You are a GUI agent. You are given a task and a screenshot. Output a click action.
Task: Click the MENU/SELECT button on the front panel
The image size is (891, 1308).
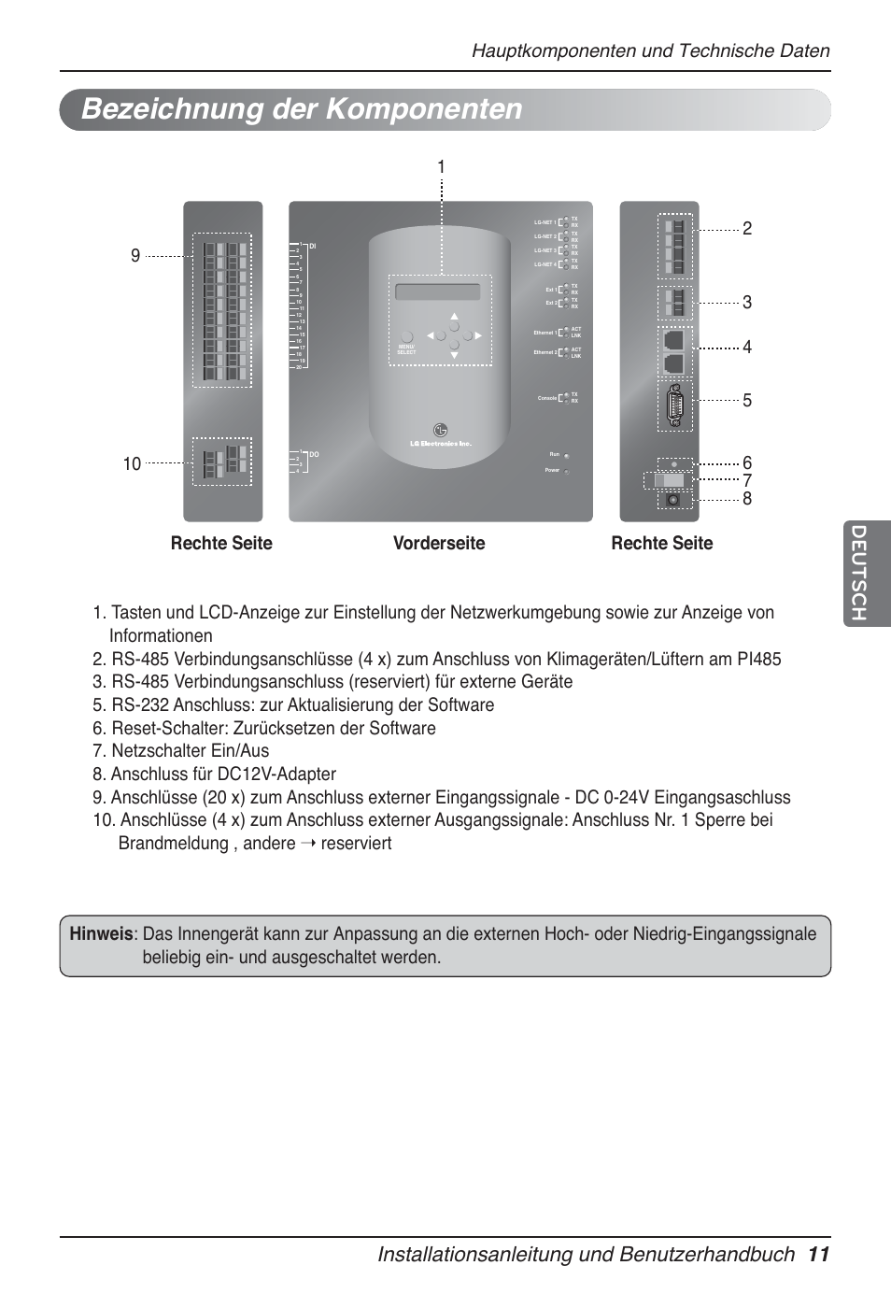[x=406, y=337]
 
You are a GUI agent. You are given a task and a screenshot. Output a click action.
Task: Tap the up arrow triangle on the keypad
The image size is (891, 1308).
[x=454, y=318]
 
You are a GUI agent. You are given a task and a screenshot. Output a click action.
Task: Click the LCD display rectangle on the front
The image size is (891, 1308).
[x=438, y=292]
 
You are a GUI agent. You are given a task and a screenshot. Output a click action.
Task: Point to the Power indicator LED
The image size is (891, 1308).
[x=567, y=471]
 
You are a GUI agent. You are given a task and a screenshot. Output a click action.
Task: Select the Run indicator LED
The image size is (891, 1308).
[x=567, y=455]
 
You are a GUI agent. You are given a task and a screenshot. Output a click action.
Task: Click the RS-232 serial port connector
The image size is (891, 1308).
[x=674, y=405]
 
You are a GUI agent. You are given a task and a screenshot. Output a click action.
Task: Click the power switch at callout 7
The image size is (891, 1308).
[x=673, y=481]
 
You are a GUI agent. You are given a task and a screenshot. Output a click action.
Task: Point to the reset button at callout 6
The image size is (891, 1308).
[x=673, y=463]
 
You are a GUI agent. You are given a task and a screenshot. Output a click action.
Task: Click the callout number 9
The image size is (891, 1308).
[x=135, y=256]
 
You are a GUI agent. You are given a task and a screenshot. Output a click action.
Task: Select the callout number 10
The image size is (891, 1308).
[x=132, y=463]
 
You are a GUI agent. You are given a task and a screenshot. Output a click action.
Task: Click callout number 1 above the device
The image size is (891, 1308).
[x=441, y=167]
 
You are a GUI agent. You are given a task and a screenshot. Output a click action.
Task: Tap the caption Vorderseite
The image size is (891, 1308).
[x=439, y=543]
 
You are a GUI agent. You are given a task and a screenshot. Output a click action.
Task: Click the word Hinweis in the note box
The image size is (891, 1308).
[x=101, y=933]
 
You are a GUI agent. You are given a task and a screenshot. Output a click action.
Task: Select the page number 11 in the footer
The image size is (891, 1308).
[x=819, y=1254]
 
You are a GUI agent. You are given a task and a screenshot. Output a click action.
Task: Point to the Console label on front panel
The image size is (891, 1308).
[x=547, y=398]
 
